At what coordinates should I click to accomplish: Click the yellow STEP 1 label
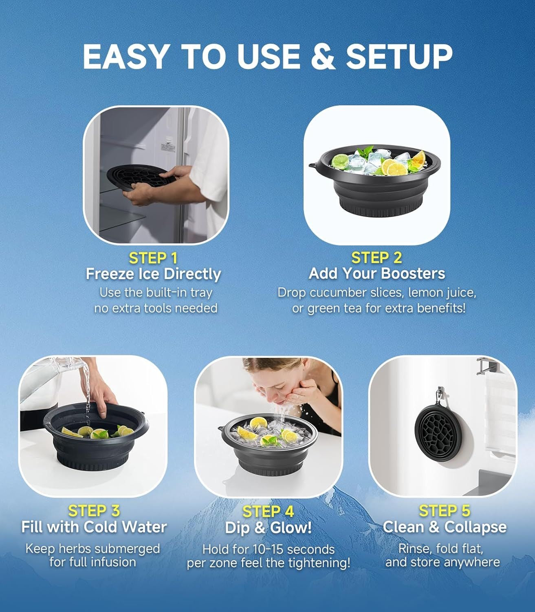153,258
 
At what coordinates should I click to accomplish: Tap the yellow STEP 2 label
376,258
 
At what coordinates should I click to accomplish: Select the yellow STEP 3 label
94,511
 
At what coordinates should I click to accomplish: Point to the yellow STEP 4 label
268,512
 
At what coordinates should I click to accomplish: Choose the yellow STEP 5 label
445,511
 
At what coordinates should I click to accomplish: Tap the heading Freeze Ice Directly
153,274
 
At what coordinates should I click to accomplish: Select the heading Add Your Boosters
376,274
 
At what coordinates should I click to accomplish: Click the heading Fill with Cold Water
94,527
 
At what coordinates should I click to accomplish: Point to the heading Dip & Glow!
268,528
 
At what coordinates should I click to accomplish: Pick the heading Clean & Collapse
445,527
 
